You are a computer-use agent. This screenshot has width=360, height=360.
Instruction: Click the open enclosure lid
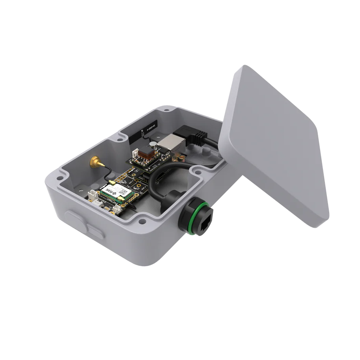pyautogui.click(x=276, y=146)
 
